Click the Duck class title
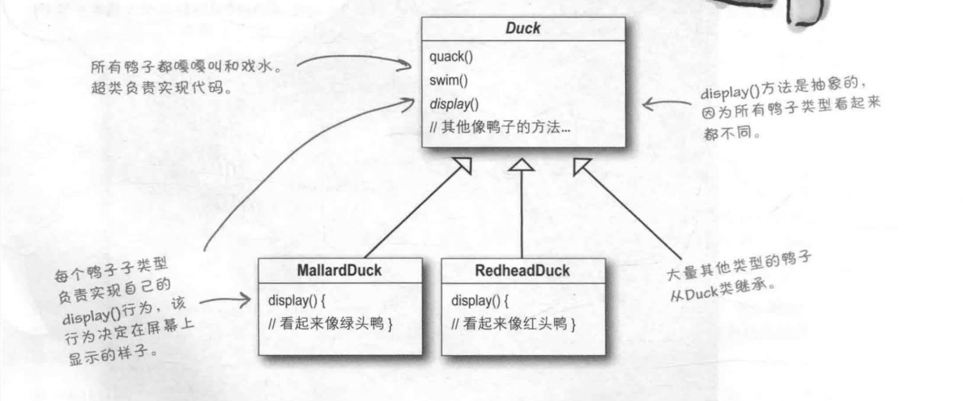point(522,28)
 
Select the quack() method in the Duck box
point(451,56)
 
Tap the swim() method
point(448,80)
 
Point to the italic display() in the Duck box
point(454,104)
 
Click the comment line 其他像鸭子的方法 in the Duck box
point(500,127)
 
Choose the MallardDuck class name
point(339,270)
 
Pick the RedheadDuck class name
point(522,270)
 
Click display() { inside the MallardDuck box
point(296,300)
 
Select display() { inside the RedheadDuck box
point(479,300)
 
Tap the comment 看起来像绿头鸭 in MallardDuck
point(331,324)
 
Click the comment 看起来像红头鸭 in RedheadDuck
point(514,324)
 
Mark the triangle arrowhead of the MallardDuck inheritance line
point(463,166)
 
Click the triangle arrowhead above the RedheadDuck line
point(521,166)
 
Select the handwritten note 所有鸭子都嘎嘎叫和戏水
point(186,67)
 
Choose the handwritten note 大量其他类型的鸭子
point(738,265)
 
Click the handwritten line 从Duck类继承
point(722,291)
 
